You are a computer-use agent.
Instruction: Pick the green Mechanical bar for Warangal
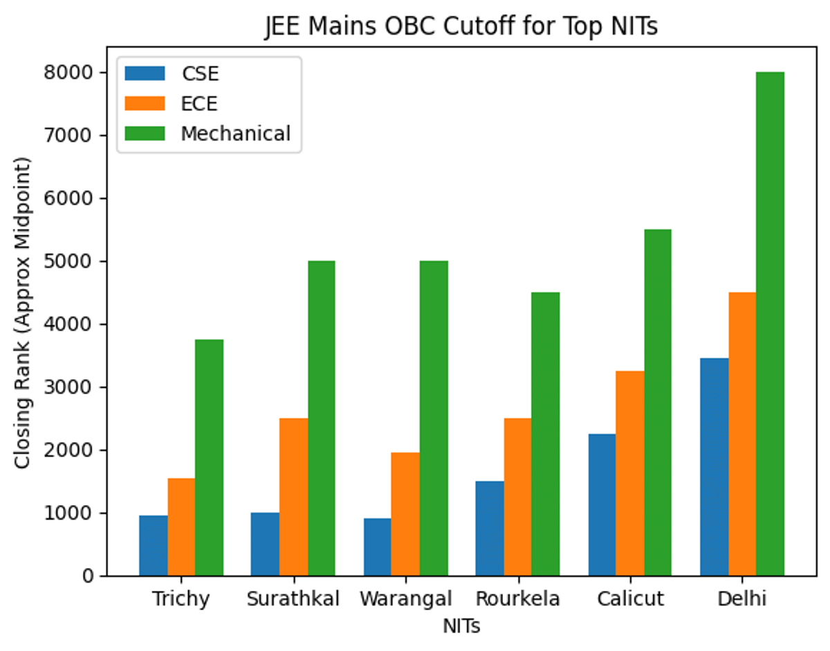[x=434, y=418]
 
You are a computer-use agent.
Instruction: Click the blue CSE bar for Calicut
[x=602, y=504]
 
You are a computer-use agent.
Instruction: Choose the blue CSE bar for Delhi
[x=714, y=466]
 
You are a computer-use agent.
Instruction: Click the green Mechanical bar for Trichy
[x=209, y=457]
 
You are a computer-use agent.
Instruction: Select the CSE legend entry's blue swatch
[x=145, y=73]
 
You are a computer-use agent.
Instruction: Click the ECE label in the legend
[x=199, y=104]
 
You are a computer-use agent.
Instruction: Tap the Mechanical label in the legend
[x=236, y=134]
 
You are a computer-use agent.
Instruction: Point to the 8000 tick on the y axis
[x=77, y=73]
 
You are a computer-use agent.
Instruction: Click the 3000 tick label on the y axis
[x=77, y=387]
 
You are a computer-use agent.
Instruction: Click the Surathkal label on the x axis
[x=293, y=598]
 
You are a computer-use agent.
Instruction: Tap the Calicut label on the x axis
[x=629, y=598]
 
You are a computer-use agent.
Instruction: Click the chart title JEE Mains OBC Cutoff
[x=461, y=26]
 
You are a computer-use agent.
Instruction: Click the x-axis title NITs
[x=461, y=626]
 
